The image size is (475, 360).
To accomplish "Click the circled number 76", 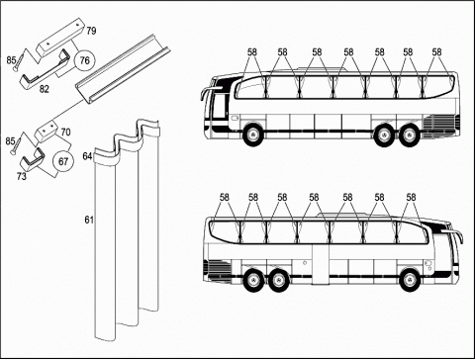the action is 85,60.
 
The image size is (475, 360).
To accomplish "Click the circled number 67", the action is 63,161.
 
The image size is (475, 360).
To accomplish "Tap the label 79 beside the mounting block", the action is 91,31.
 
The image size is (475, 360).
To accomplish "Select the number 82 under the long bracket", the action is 45,89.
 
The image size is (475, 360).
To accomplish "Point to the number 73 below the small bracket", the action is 22,176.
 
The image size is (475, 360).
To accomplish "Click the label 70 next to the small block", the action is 65,132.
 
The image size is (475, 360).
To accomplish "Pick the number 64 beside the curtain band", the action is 87,156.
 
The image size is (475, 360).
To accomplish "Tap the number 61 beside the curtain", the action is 89,220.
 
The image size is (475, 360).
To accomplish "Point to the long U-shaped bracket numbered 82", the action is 45,70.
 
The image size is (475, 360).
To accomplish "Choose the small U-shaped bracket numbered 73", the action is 32,159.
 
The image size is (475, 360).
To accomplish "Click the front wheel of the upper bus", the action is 252,135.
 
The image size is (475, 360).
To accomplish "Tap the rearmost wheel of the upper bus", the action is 409,135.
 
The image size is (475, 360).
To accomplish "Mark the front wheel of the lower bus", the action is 409,280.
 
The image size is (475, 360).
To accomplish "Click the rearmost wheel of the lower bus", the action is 253,280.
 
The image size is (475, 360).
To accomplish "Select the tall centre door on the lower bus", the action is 321,264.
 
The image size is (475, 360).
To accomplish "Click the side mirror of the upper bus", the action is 207,93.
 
